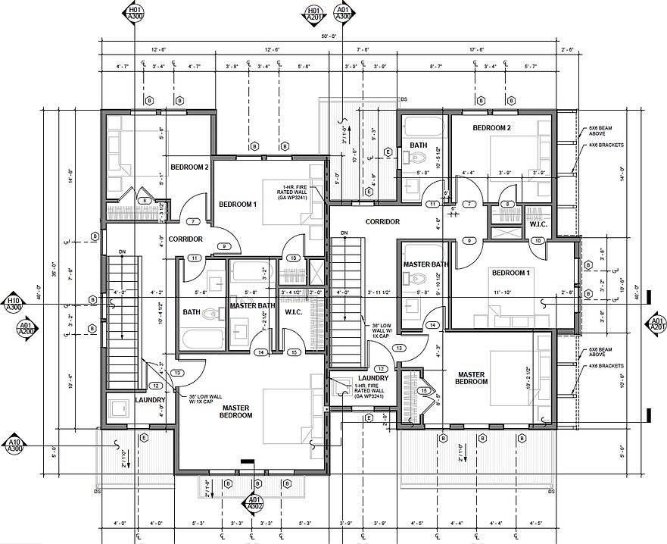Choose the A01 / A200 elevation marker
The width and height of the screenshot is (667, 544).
pyautogui.click(x=25, y=327)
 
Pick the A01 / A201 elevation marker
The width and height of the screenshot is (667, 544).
pyautogui.click(x=656, y=324)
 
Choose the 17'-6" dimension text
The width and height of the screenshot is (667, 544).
pyautogui.click(x=476, y=49)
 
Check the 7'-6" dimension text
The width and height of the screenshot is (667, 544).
pyautogui.click(x=363, y=49)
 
